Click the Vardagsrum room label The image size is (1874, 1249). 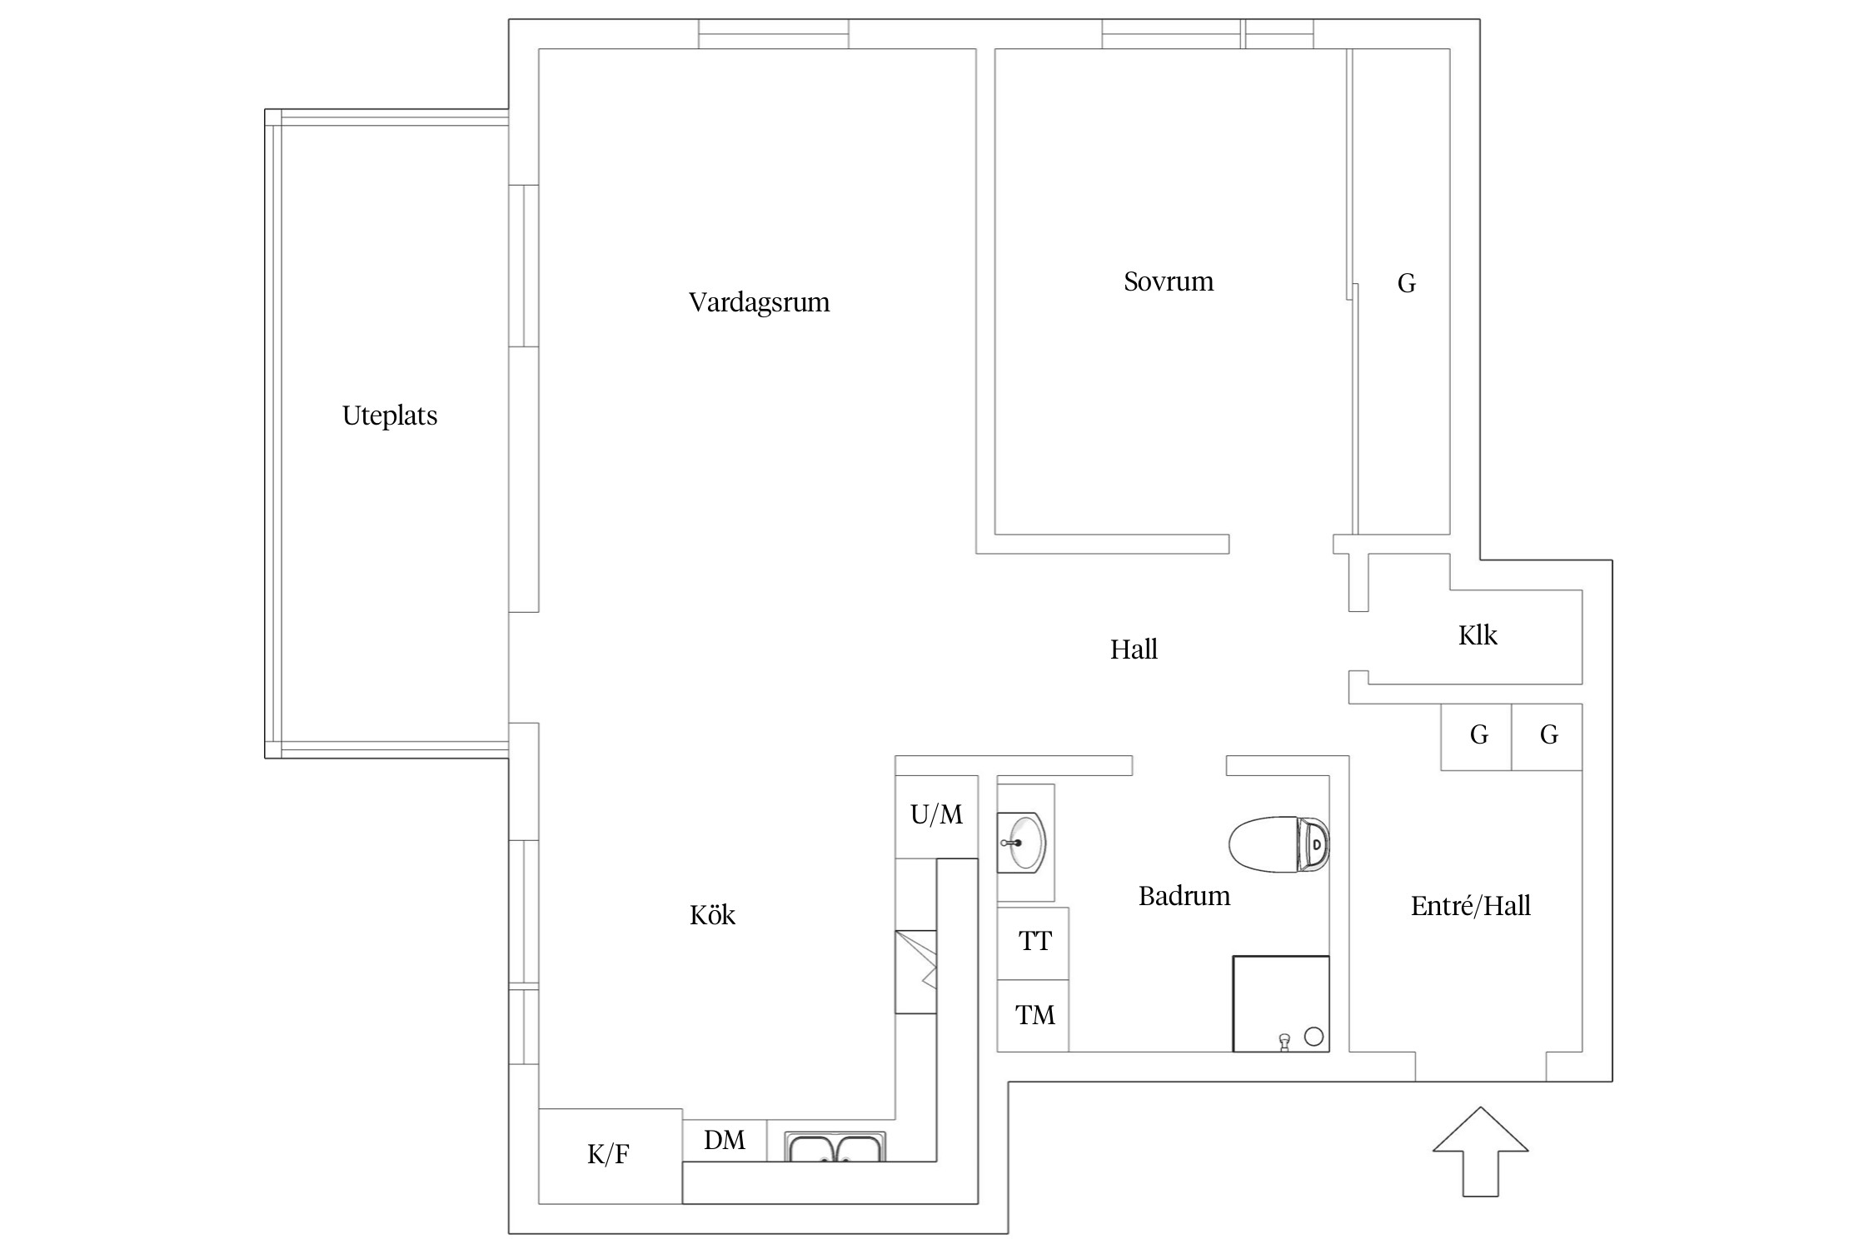click(759, 301)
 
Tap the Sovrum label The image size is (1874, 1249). click(1169, 281)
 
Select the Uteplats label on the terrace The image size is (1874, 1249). click(390, 416)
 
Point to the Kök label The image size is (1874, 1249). click(712, 915)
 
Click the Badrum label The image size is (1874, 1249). click(1184, 896)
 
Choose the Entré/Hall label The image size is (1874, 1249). click(1470, 906)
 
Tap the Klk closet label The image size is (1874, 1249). click(1478, 635)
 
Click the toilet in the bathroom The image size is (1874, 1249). click(1278, 844)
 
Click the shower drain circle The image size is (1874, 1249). click(1313, 1037)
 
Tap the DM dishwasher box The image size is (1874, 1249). click(725, 1140)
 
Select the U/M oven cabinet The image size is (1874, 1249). click(936, 815)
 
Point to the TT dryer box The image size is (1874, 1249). click(1034, 942)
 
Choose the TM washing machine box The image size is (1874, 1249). click(1034, 1015)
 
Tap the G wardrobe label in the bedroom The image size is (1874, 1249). click(1406, 284)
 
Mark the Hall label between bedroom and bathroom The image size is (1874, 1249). click(1134, 649)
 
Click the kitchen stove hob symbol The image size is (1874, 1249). click(916, 972)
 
